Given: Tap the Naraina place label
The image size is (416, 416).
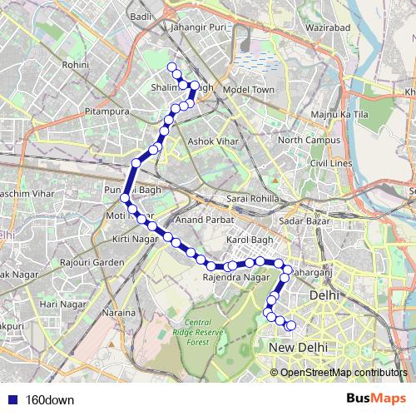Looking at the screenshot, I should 120,313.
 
